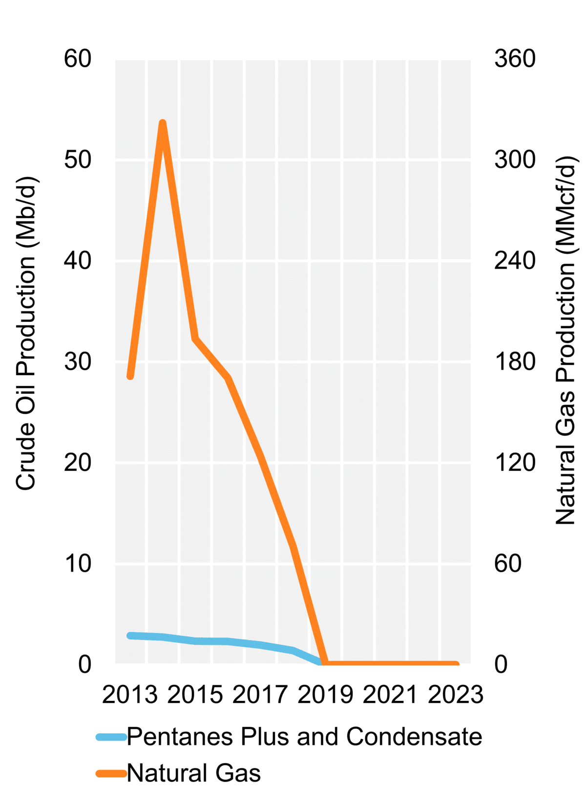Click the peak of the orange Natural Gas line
coord(163,123)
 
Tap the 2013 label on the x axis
coord(129,695)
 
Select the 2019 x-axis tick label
coord(325,695)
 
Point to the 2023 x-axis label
coord(455,695)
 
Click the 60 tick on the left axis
coord(78,59)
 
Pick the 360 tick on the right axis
coord(515,59)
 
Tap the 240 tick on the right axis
coord(515,260)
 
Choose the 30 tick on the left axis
coord(78,361)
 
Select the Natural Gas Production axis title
coord(566,340)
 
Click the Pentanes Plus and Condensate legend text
coord(304,737)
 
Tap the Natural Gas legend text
coord(194,773)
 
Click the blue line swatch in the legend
coord(111,737)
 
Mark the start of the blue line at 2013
coord(130,635)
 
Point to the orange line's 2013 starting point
coord(130,376)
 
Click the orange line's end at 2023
coord(456,664)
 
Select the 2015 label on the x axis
coord(195,695)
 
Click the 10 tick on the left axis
coord(78,563)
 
